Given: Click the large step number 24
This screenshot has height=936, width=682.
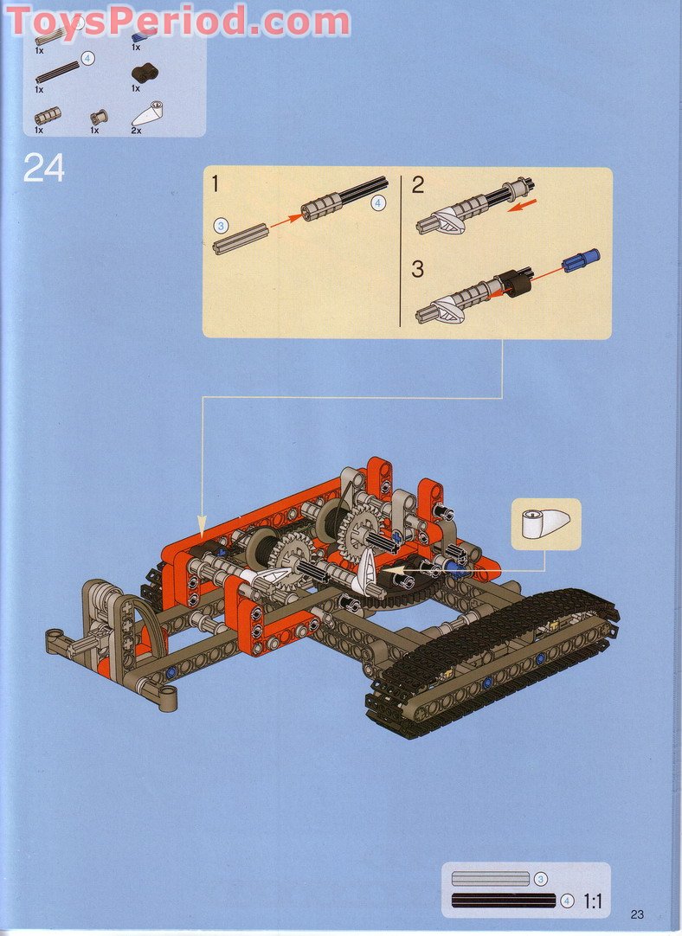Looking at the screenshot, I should (x=44, y=167).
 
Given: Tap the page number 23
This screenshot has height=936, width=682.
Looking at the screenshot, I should (x=638, y=914).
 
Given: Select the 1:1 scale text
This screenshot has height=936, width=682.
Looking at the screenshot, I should (x=592, y=901).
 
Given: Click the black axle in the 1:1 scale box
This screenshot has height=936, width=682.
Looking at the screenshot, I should (x=503, y=901).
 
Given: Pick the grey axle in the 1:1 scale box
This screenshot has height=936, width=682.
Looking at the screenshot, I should (x=490, y=879).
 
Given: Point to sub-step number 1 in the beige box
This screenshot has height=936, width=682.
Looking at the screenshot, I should (x=215, y=183).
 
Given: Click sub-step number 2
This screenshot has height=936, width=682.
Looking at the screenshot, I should (x=418, y=184).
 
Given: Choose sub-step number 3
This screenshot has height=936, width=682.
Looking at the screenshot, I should (x=418, y=268).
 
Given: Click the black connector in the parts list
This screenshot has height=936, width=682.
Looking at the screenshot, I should (x=143, y=74).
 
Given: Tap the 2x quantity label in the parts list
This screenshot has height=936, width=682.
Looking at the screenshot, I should (x=137, y=130).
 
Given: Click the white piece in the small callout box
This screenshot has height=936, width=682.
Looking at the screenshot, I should (x=544, y=523).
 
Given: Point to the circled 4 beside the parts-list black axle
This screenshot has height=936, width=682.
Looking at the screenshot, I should (x=87, y=58).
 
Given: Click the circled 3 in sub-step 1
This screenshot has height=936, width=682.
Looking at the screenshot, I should (x=221, y=225).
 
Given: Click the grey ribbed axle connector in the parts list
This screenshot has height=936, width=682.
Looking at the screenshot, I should (x=48, y=115).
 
